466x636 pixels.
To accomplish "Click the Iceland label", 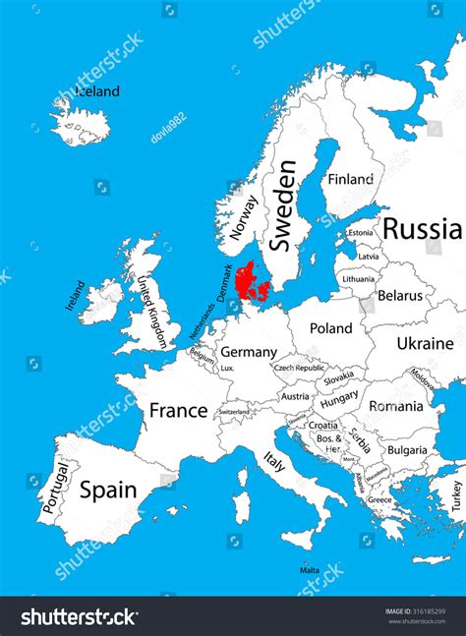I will [97, 91].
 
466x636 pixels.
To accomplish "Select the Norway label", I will [244, 218].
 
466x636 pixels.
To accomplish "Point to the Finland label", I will [351, 180].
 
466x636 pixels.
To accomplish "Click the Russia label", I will [422, 229].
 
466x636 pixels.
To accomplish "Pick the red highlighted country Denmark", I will [253, 283].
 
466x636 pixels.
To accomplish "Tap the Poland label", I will [330, 328].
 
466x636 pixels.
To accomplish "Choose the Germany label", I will [248, 352].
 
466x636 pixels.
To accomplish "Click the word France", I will [178, 410].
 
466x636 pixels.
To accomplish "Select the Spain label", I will [107, 490].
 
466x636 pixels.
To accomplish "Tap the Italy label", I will [274, 461].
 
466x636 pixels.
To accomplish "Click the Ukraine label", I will [425, 343].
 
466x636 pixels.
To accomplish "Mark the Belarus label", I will [400, 295].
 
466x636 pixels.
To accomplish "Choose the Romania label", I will [396, 405].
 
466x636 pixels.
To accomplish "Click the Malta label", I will [310, 570].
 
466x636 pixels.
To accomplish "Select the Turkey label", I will [456, 494].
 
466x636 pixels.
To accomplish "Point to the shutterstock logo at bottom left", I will [79, 616].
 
